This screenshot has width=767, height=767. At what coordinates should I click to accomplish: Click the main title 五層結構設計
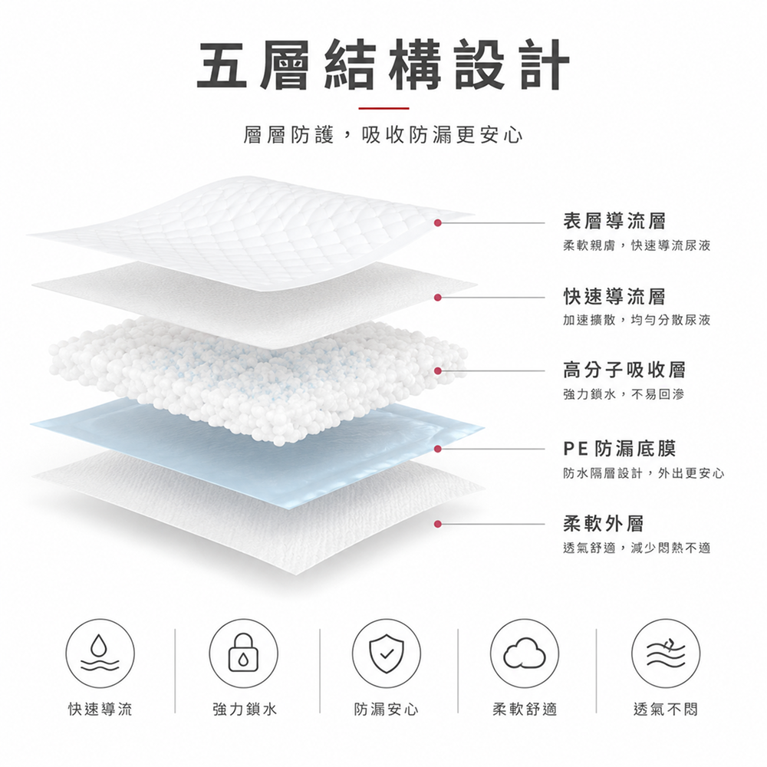click(383, 66)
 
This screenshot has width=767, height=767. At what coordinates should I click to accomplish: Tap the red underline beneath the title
click(383, 108)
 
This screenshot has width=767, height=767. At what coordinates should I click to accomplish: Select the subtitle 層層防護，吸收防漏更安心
click(383, 135)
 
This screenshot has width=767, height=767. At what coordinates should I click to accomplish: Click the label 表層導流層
click(614, 221)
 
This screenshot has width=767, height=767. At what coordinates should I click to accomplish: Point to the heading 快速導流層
click(614, 296)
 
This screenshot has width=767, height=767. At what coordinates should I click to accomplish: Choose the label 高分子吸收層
click(624, 370)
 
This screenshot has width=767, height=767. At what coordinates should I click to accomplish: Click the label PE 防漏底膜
click(620, 448)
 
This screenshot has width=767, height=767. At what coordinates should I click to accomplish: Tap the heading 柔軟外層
click(604, 523)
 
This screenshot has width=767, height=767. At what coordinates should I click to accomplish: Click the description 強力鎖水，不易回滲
click(624, 393)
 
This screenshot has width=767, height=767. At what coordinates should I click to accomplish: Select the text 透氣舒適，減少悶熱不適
click(637, 548)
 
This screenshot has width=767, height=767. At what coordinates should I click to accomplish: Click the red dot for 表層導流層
click(438, 222)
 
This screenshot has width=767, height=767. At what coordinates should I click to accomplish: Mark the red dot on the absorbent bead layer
click(438, 371)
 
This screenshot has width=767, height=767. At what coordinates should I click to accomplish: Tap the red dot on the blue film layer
click(438, 449)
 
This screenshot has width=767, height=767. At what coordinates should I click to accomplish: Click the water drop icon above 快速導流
click(100, 653)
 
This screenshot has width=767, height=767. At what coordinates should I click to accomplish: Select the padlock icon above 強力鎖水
click(243, 653)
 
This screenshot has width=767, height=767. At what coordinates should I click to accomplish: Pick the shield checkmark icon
click(387, 653)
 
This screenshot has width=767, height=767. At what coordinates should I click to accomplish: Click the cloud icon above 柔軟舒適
click(525, 653)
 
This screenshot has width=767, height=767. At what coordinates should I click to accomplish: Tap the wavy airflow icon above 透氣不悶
click(665, 653)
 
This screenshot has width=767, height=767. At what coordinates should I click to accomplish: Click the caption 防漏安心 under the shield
click(387, 709)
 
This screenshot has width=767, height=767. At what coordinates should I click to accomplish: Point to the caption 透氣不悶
click(665, 709)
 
